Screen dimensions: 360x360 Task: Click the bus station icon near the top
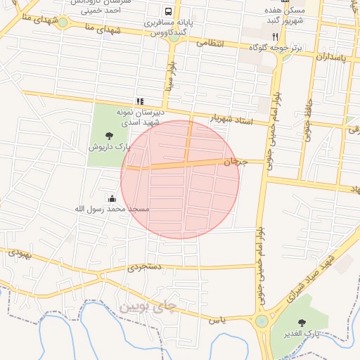click(x=169, y=12)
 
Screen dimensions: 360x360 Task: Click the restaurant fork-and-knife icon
click(x=276, y=37)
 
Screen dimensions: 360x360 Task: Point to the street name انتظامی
click(x=210, y=44)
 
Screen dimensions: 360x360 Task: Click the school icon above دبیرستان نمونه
click(x=139, y=101)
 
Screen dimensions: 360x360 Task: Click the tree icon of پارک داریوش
click(x=108, y=136)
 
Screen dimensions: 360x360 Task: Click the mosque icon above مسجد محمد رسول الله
click(x=111, y=199)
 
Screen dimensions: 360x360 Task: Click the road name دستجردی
click(x=145, y=267)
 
